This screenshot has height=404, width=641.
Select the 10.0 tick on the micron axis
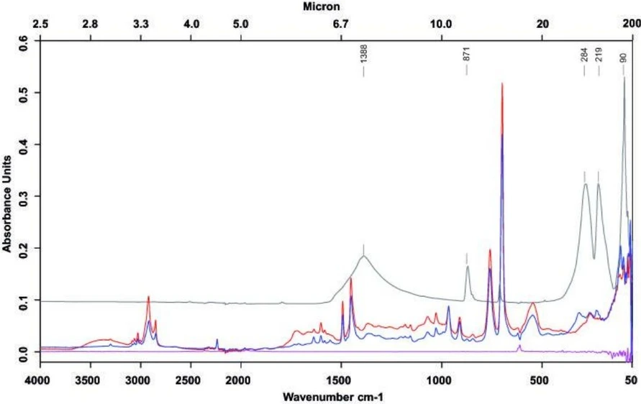(440, 24)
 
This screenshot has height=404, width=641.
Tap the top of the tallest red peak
(502, 83)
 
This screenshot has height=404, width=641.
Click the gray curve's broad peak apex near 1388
(364, 256)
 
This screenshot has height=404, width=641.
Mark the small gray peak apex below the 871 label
(468, 267)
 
